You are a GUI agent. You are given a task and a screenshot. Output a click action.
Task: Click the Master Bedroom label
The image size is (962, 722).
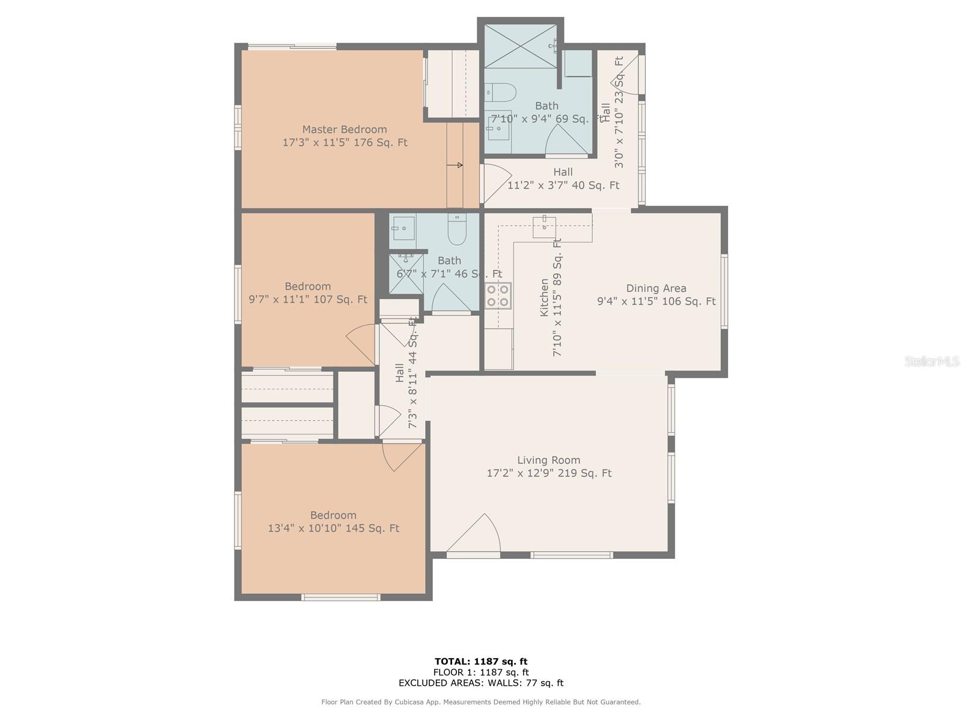click(344, 129)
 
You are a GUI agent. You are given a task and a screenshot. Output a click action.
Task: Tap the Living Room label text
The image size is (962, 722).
click(548, 460)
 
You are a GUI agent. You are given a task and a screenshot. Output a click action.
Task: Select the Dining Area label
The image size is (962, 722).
click(656, 288)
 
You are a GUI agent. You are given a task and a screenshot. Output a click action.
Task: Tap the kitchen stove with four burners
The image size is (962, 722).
click(498, 295)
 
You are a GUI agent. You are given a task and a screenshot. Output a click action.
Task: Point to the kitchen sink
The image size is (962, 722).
click(544, 226)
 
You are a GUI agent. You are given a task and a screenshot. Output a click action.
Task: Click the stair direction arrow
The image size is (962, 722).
click(455, 165)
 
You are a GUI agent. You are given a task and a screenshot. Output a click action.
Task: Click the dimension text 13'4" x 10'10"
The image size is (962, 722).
click(333, 528)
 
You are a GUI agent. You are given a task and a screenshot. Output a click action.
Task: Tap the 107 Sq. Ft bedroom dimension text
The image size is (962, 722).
click(308, 299)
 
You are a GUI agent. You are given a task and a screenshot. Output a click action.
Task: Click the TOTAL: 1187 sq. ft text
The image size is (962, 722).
click(481, 661)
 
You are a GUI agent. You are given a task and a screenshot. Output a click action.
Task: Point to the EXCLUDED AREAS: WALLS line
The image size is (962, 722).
click(481, 683)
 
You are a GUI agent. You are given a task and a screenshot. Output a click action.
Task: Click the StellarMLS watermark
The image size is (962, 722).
click(932, 361)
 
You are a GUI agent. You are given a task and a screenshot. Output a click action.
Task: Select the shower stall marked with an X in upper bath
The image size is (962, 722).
click(520, 46)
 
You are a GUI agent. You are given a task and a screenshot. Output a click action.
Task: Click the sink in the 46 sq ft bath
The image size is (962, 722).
click(403, 227)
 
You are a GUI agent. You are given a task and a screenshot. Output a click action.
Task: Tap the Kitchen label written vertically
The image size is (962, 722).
click(544, 297)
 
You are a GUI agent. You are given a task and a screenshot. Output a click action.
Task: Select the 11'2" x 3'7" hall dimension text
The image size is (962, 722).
click(563, 185)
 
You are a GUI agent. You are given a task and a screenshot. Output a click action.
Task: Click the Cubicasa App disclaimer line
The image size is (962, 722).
click(481, 702)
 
